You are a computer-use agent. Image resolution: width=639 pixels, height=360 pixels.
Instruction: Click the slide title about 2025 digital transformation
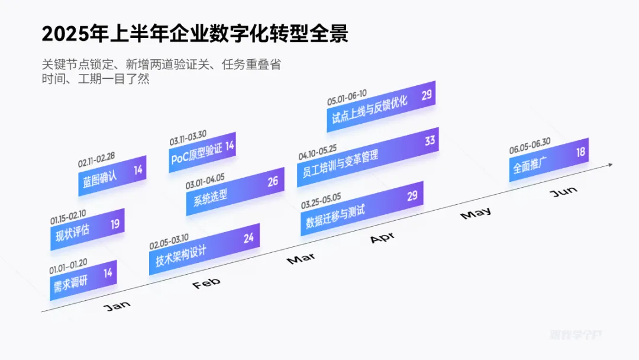click(195, 34)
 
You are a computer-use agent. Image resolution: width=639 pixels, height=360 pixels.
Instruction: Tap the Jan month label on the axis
click(117, 306)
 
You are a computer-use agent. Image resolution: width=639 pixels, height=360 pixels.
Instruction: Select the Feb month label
click(206, 283)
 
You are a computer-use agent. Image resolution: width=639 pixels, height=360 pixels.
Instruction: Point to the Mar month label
click(301, 259)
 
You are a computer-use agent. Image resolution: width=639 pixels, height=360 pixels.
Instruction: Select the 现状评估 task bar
click(87, 229)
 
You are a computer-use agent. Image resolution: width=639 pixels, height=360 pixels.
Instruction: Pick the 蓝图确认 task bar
click(112, 175)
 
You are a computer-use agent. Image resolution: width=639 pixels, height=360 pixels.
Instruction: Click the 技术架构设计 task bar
click(204, 249)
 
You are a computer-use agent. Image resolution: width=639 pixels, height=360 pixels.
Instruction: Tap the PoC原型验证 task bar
click(202, 151)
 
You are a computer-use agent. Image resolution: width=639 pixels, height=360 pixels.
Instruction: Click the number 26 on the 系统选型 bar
click(272, 181)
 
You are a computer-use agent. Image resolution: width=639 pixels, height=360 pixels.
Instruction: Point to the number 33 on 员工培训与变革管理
click(430, 141)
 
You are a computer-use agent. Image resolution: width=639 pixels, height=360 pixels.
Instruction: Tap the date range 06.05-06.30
click(530, 145)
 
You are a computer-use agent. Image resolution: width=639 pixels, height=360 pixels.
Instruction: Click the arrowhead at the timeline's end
click(609, 165)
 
